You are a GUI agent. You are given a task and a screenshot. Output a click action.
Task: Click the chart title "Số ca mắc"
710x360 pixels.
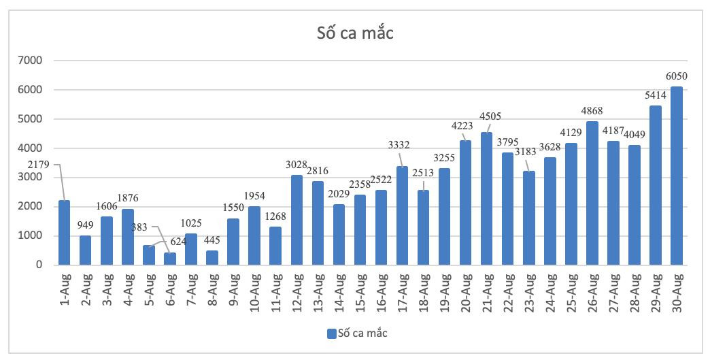pyautogui.click(x=355, y=33)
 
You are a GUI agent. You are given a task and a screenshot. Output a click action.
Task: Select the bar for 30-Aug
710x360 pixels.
pyautogui.click(x=677, y=176)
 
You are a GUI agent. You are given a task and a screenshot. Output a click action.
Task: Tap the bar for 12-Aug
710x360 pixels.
pyautogui.click(x=297, y=220)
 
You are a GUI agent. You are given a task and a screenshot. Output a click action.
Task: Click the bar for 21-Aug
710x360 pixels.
pyautogui.click(x=487, y=199)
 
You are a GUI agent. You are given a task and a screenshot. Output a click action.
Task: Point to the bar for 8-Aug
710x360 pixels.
pyautogui.click(x=212, y=258)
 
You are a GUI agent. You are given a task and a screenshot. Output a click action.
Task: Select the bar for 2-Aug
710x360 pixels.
pyautogui.click(x=85, y=250)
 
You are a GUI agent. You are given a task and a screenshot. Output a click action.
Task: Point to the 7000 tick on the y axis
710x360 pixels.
pyautogui.click(x=30, y=61)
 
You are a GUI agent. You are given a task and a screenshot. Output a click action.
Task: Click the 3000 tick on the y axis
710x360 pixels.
pyautogui.click(x=30, y=178)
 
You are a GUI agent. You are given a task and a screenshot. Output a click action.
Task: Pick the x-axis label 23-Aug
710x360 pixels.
pyautogui.click(x=528, y=291)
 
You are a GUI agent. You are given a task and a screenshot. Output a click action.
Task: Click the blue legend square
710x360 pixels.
pyautogui.click(x=331, y=333)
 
